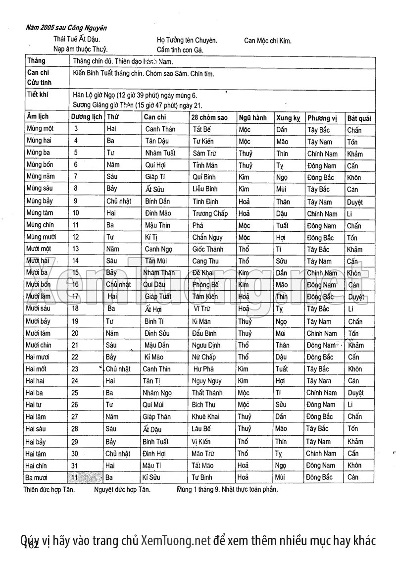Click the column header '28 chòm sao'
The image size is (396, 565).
tap(210, 118)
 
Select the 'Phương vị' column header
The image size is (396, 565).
tap(322, 118)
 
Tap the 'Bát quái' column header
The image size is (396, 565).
tap(360, 118)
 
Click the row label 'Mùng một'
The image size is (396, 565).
tap(40, 129)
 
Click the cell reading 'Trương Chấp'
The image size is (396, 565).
tap(210, 214)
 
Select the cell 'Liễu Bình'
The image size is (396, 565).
tap(205, 189)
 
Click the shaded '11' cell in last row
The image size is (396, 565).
tap(75, 477)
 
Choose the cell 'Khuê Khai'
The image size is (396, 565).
tap(205, 417)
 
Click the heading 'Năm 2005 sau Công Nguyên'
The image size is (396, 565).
tap(66, 28)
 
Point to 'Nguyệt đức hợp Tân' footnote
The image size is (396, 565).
tap(122, 490)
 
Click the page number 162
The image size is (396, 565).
tap(31, 545)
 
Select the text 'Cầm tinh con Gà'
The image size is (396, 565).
tap(180, 50)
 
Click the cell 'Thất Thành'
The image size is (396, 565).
tap(207, 393)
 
